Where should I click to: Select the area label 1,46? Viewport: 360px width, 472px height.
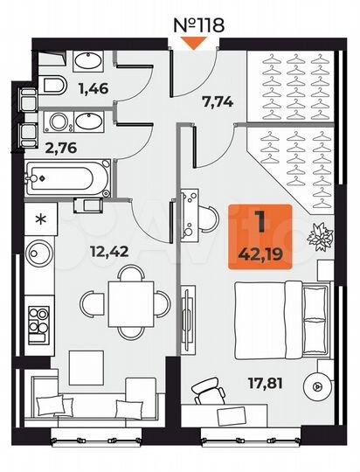point(93,87)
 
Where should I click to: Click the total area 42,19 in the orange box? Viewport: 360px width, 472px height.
point(260,255)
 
